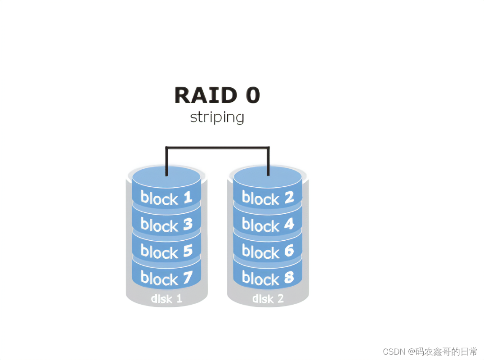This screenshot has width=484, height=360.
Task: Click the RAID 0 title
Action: click(x=217, y=95)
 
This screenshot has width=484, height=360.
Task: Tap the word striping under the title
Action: click(x=217, y=118)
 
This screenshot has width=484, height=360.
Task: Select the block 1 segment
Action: click(x=166, y=198)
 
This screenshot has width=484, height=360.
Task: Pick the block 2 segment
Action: click(x=268, y=198)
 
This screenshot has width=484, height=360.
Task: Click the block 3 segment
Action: click(x=166, y=225)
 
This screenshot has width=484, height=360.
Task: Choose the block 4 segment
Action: click(x=268, y=225)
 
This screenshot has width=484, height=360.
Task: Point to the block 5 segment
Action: click(x=166, y=252)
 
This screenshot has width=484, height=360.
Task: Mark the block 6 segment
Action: click(x=268, y=252)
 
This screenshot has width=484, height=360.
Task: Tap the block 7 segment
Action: click(x=166, y=279)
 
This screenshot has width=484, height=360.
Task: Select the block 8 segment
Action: click(x=268, y=279)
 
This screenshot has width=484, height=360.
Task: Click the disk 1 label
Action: click(x=166, y=298)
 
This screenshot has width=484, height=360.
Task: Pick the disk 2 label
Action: click(x=268, y=298)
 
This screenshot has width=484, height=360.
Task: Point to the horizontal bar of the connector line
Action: click(x=217, y=147)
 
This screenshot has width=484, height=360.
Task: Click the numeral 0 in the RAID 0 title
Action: click(x=252, y=95)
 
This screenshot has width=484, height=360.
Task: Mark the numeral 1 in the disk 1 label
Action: click(x=179, y=298)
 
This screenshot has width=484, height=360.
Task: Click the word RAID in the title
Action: click(x=205, y=95)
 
